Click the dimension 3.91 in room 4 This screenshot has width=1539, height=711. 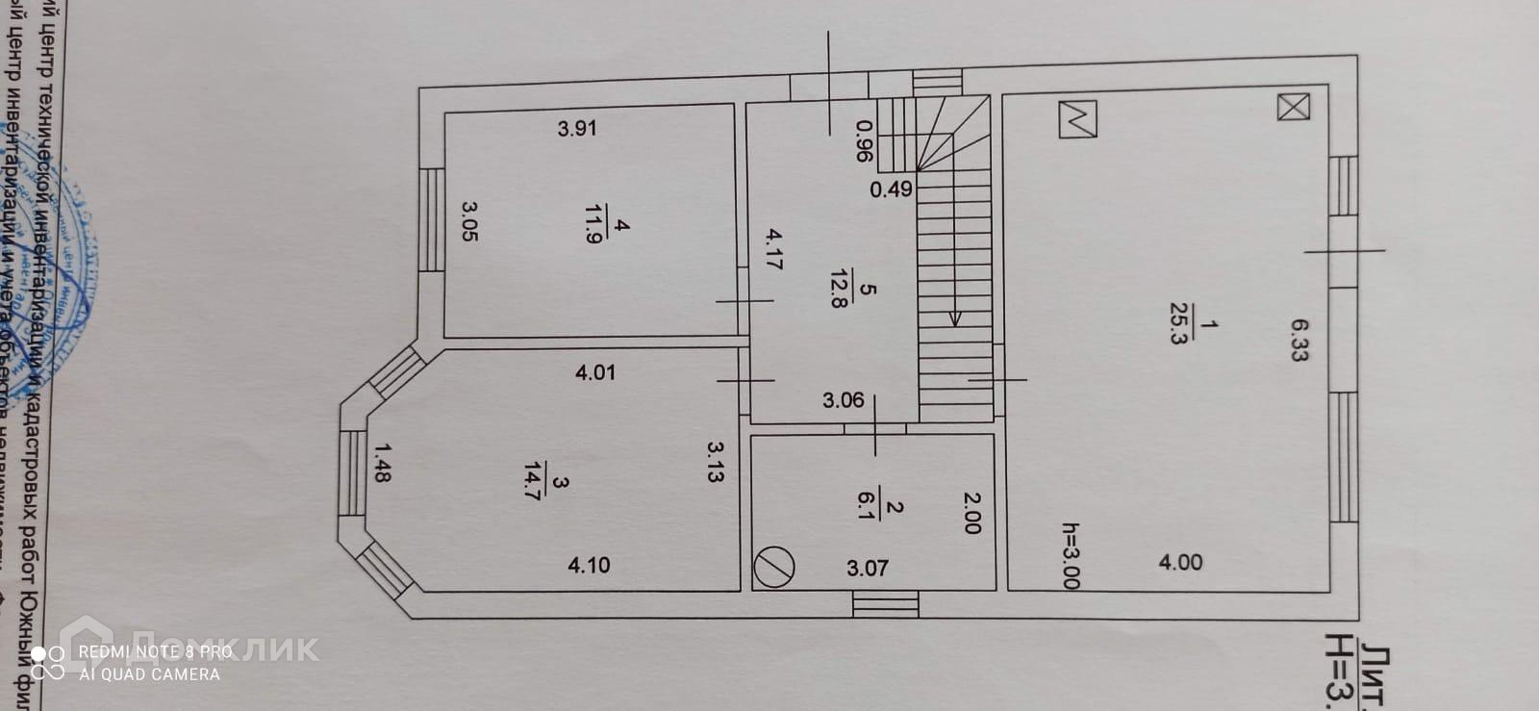click(x=577, y=128)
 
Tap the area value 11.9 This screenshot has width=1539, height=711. click(x=593, y=224)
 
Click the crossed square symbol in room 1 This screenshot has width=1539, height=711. click(x=1293, y=107)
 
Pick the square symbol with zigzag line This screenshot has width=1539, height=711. click(x=1077, y=118)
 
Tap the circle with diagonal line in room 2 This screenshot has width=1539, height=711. click(x=774, y=567)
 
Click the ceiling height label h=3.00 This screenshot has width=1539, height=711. click(x=1071, y=555)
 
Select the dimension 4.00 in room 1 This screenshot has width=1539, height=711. click(x=1180, y=563)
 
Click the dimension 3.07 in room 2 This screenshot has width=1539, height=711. click(x=867, y=569)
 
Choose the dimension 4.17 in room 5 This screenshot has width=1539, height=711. click(x=773, y=248)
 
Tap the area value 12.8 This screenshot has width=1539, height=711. click(x=839, y=289)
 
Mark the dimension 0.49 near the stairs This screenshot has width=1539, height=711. click(x=891, y=190)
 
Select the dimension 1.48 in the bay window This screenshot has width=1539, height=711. click(x=382, y=462)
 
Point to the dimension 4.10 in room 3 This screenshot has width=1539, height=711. click(x=589, y=566)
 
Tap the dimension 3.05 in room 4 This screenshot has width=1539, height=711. click(x=469, y=220)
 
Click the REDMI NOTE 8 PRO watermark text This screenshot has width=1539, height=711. click(x=156, y=652)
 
